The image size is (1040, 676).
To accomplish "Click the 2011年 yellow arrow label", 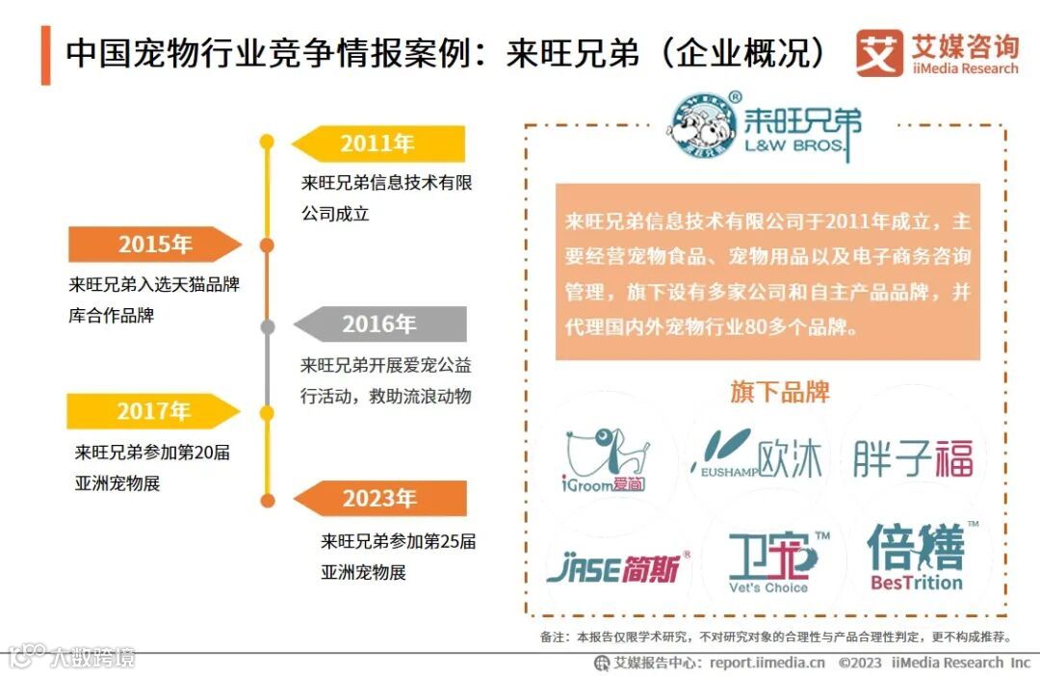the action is [x=377, y=144].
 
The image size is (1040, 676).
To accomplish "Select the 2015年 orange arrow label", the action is [x=154, y=245].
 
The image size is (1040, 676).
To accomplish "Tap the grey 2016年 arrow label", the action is [x=379, y=324].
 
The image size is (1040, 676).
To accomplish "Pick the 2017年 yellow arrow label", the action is [x=154, y=411].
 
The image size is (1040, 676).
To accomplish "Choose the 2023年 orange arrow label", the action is [x=379, y=499].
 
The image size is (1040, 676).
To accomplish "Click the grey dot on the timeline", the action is [x=268, y=326].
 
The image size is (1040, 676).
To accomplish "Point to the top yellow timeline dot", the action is [x=268, y=143].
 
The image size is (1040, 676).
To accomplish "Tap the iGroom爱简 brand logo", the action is [x=606, y=459].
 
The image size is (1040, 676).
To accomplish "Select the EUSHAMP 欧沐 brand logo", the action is [x=758, y=455].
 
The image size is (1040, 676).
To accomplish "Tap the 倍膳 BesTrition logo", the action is [x=917, y=557].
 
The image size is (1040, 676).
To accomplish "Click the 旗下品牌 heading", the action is [x=779, y=392].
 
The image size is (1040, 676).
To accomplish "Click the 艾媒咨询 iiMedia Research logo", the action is [x=937, y=53].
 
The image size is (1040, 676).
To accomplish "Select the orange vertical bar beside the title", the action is [x=45, y=55].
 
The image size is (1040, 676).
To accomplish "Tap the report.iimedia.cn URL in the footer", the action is [x=767, y=663].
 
